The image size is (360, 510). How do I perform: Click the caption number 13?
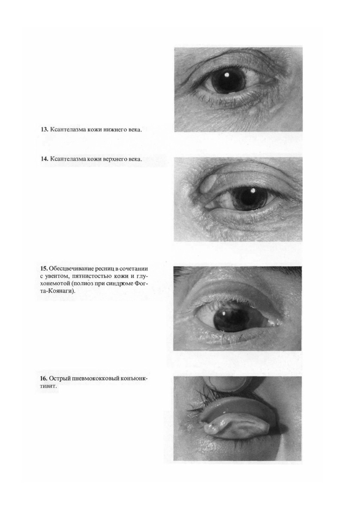pos(44,130)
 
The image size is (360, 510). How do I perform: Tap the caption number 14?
pos(44,159)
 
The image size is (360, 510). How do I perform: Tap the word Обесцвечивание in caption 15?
pos(70,269)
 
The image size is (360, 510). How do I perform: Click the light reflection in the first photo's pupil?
pos(227,75)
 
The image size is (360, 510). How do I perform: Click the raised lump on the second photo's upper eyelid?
pos(209,185)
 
